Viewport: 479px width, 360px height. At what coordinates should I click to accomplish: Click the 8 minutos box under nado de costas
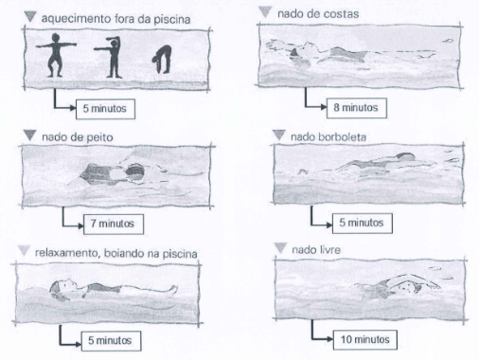coord(357,108)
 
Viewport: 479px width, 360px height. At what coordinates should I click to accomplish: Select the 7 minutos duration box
coord(114,224)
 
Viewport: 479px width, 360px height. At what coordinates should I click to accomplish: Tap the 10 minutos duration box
coord(365,340)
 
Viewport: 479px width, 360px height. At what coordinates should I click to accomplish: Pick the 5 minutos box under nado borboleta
coord(363,223)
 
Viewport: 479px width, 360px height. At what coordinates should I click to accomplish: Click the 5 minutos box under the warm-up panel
coord(105,109)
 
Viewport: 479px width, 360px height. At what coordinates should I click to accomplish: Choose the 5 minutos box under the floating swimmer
coord(111,341)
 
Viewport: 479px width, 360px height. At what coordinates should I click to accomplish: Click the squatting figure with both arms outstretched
coord(56,55)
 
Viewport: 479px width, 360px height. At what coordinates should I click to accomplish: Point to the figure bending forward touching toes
coord(163,60)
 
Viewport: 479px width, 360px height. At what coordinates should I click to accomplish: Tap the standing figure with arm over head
coord(111,57)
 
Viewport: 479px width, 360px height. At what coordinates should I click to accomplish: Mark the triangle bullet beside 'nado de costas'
coord(265,12)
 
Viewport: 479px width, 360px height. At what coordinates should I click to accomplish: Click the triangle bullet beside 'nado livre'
coord(280,248)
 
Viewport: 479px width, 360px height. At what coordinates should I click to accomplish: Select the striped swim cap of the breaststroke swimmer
coord(135,172)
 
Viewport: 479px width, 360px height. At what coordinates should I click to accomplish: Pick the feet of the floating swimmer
coord(173,290)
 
